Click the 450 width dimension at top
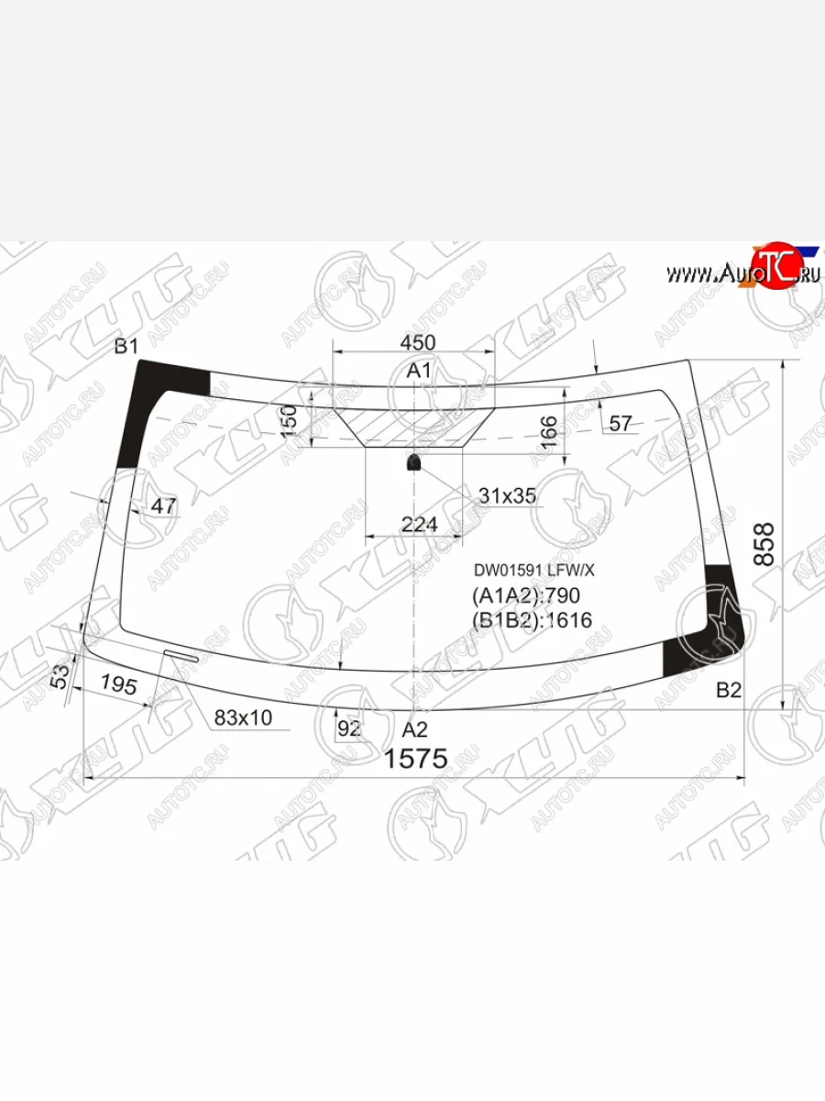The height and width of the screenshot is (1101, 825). click(x=417, y=342)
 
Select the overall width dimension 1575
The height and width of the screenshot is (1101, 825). click(x=414, y=760)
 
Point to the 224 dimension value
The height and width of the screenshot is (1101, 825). click(x=420, y=524)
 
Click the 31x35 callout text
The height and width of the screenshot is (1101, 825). click(x=507, y=495)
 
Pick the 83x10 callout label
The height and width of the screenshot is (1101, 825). click(x=243, y=717)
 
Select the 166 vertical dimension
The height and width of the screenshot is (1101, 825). click(x=548, y=432)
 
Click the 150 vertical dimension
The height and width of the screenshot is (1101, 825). click(x=289, y=421)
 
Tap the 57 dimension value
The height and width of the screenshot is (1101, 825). click(x=621, y=423)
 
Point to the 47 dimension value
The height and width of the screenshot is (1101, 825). click(x=163, y=506)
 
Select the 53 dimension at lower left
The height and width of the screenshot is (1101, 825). click(x=60, y=676)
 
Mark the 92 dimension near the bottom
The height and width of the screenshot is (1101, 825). click(x=349, y=729)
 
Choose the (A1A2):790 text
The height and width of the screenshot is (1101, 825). click(x=526, y=595)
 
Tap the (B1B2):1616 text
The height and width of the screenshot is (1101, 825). click(x=532, y=620)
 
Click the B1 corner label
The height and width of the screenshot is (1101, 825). click(x=126, y=347)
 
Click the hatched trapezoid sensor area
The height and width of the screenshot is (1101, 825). click(x=413, y=426)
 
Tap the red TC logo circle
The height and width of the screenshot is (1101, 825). click(x=772, y=269)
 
